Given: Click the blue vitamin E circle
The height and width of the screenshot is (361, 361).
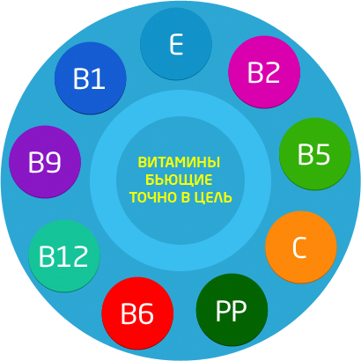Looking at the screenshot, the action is [176, 44].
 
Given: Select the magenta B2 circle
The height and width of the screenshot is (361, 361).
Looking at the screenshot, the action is [264, 72].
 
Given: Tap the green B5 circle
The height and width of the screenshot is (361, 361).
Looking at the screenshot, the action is [315, 154].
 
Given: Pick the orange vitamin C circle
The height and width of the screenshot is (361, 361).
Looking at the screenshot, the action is [301, 247].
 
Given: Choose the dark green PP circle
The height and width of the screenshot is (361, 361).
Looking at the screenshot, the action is [232, 310].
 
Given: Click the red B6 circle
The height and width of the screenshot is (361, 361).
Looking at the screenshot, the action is [137, 313].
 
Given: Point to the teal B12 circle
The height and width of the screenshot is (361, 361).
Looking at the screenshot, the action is [64, 256].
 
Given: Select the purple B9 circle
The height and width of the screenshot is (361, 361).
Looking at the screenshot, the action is [45, 162].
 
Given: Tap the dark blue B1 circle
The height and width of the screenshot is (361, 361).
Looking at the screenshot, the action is [91, 78].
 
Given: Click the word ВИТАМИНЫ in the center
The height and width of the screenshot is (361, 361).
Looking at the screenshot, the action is [179, 162].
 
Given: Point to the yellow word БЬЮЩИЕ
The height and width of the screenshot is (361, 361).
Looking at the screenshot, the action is [179, 180].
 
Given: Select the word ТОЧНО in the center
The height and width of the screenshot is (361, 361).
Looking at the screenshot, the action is [153, 197].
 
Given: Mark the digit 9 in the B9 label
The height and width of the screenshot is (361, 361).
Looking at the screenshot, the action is [53, 162].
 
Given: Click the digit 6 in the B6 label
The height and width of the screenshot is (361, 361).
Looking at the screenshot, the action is [145, 313].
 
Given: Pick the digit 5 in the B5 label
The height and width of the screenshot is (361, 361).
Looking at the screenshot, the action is [322, 154].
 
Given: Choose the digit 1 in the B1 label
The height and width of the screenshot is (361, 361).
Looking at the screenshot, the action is [99, 78].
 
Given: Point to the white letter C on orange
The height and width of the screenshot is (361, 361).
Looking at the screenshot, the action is [299, 247].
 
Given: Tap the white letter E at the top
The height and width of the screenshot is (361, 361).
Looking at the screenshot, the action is [176, 44].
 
